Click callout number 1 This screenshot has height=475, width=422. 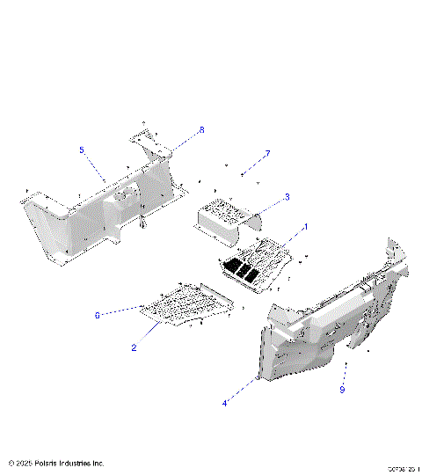[x=305, y=227]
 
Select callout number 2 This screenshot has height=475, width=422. [x=134, y=347]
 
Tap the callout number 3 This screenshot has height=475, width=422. [x=287, y=197]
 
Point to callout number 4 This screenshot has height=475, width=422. [x=225, y=403]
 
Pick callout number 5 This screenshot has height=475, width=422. [x=82, y=150]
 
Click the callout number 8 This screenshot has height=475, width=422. [x=200, y=130]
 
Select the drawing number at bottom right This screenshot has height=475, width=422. [x=402, y=469]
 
